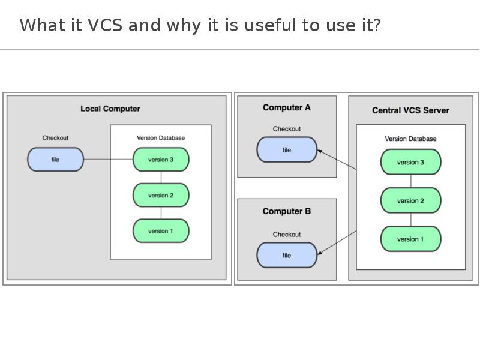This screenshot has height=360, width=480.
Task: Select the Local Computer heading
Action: (x=110, y=109)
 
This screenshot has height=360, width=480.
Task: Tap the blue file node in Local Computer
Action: (x=55, y=160)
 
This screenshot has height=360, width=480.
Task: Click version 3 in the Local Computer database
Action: (x=161, y=160)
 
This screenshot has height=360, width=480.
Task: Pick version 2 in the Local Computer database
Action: (x=161, y=196)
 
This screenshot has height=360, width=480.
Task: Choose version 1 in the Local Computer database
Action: (x=161, y=231)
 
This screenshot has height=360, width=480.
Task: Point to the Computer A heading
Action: (x=287, y=108)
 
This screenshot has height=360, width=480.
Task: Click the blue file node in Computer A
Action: (x=287, y=149)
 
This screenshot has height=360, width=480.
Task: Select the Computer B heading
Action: (x=287, y=211)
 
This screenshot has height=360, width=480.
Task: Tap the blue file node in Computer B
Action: (x=287, y=256)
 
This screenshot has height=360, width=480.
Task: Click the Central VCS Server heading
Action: (x=410, y=110)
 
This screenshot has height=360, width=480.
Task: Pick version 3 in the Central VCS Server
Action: (x=410, y=162)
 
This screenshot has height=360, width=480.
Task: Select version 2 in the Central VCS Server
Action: (x=410, y=200)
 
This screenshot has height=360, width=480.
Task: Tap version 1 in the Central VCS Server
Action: (x=410, y=239)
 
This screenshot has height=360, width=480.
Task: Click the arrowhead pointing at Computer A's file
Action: (x=320, y=151)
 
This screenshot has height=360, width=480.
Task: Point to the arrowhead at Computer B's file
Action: (x=320, y=253)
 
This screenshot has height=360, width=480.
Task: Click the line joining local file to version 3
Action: (x=109, y=160)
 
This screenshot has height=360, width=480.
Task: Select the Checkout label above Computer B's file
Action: (x=287, y=235)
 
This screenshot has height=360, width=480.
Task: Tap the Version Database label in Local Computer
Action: (x=161, y=138)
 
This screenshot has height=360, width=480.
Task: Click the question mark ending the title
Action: (x=377, y=25)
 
